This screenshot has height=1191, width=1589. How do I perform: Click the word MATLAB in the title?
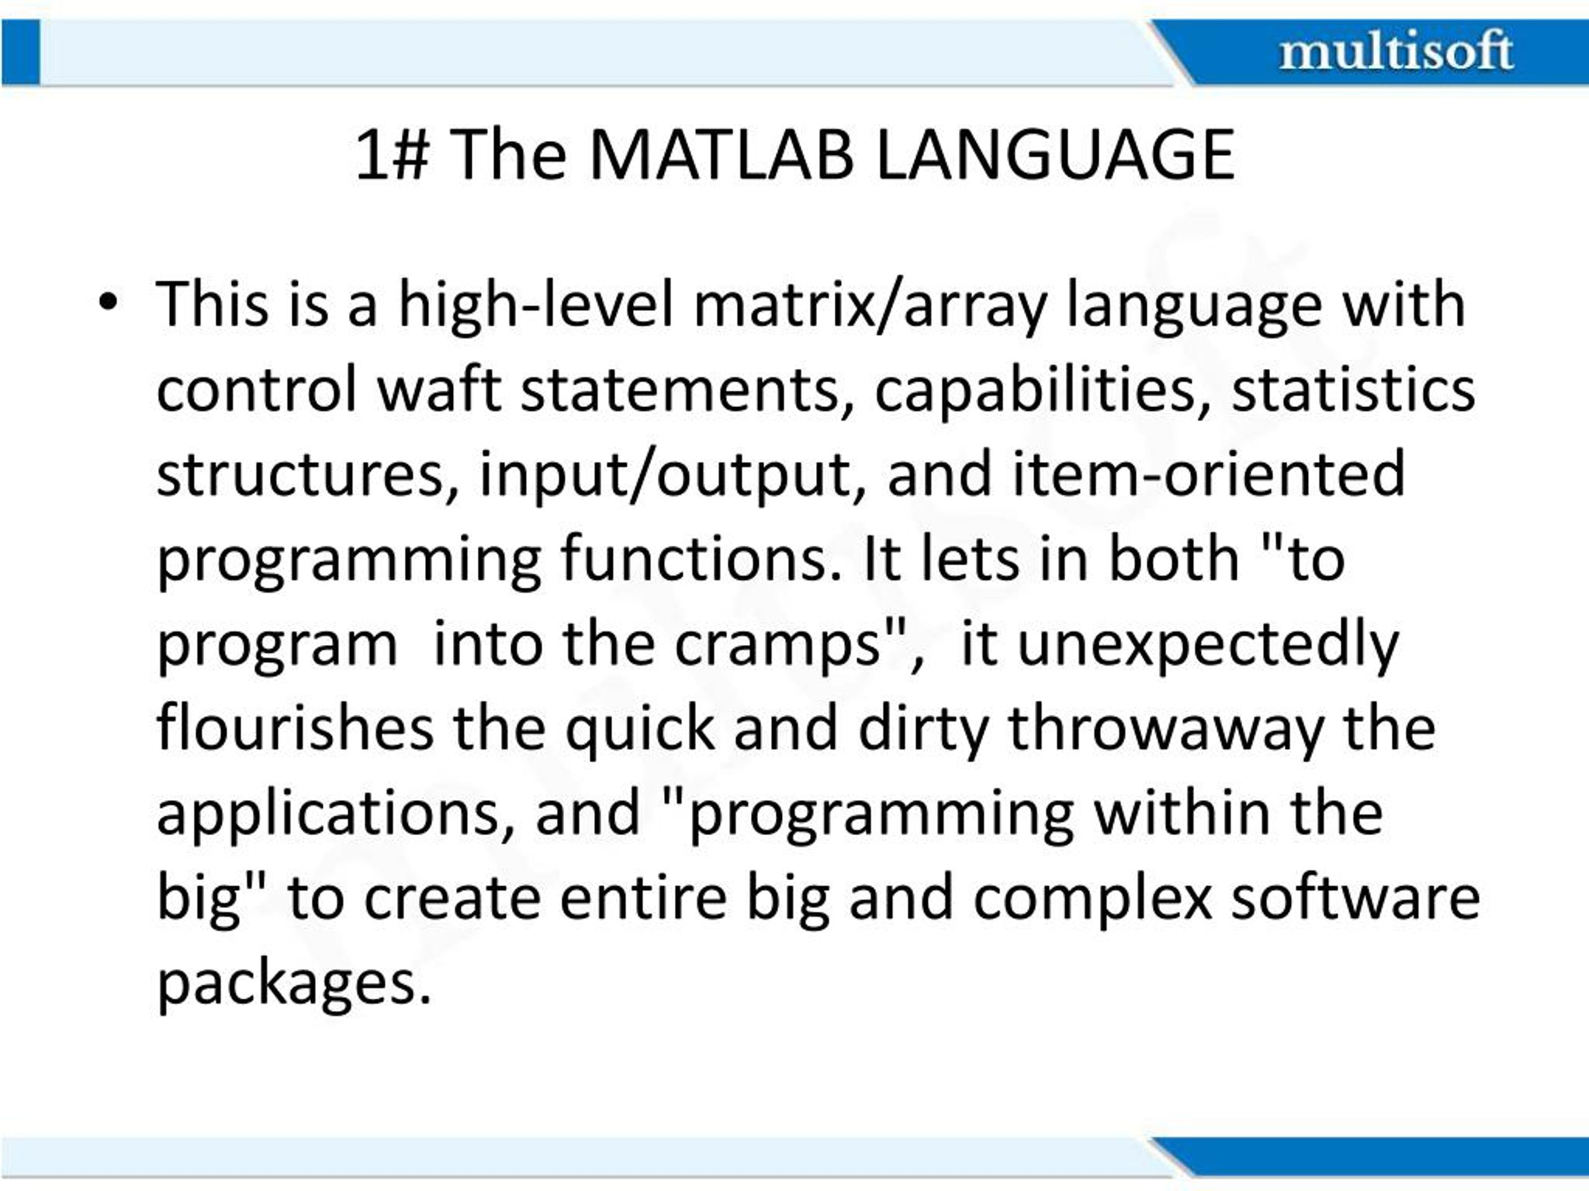(x=721, y=155)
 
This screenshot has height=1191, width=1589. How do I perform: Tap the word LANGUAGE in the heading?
(x=1055, y=155)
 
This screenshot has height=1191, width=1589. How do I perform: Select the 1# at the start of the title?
(x=392, y=155)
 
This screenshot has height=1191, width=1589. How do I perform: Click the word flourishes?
(x=295, y=728)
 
